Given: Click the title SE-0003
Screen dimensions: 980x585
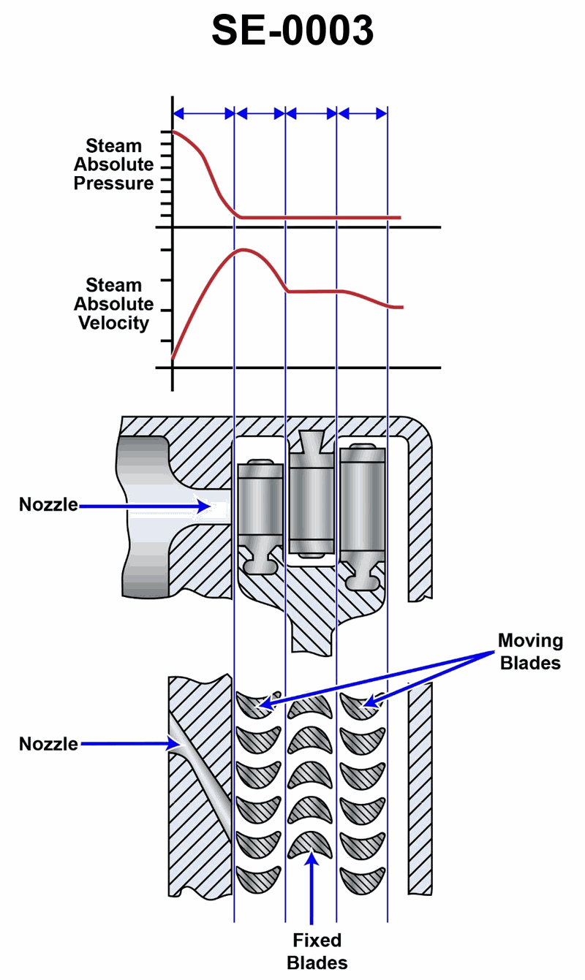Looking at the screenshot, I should [x=292, y=31].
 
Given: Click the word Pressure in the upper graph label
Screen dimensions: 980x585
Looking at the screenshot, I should [x=113, y=183].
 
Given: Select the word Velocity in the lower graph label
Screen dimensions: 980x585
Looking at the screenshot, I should [x=113, y=323].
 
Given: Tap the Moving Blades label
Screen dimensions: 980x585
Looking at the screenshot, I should [x=530, y=652].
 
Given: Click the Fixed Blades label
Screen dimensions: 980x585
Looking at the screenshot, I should [x=317, y=951].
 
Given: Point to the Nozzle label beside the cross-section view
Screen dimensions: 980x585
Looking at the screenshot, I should [x=48, y=505].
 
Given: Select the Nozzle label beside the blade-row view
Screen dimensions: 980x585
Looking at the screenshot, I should [x=48, y=744].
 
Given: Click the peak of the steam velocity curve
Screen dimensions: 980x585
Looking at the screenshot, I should [x=243, y=251].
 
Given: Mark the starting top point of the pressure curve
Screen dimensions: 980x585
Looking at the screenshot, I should [x=173, y=132].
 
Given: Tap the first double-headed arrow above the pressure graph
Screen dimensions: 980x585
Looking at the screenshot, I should [x=203, y=113].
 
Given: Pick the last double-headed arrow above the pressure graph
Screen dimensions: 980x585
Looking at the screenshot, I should [x=363, y=113].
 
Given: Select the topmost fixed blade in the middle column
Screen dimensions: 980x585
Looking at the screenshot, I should [x=310, y=706].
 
